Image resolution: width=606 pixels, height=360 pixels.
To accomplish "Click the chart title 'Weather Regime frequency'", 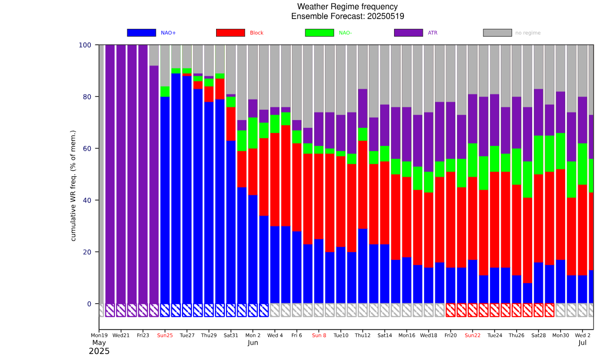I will click(347, 7).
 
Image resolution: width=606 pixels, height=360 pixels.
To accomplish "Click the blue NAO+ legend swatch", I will click(141, 32).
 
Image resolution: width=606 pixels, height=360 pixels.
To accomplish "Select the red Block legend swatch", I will click(230, 32).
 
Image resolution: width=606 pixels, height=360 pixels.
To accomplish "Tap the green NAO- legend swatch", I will click(319, 32).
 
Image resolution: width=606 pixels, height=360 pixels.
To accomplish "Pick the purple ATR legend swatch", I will click(408, 32).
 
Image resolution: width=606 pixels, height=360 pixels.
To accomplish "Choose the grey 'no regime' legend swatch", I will click(497, 32).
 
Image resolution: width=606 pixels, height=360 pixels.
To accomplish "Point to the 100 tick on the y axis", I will click(85, 45).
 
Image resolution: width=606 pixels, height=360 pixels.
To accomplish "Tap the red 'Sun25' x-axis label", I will click(165, 335).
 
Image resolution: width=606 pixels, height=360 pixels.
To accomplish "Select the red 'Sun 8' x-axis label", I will click(319, 335).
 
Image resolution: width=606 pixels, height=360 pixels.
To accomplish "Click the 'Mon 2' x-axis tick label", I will click(253, 335).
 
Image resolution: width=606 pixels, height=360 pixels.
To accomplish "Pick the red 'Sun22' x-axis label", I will click(472, 335).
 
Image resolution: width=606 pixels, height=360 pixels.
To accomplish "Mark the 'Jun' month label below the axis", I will click(253, 342).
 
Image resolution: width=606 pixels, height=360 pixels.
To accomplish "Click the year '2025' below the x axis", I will click(99, 352).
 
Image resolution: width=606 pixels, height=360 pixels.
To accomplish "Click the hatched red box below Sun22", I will click(472, 310).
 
